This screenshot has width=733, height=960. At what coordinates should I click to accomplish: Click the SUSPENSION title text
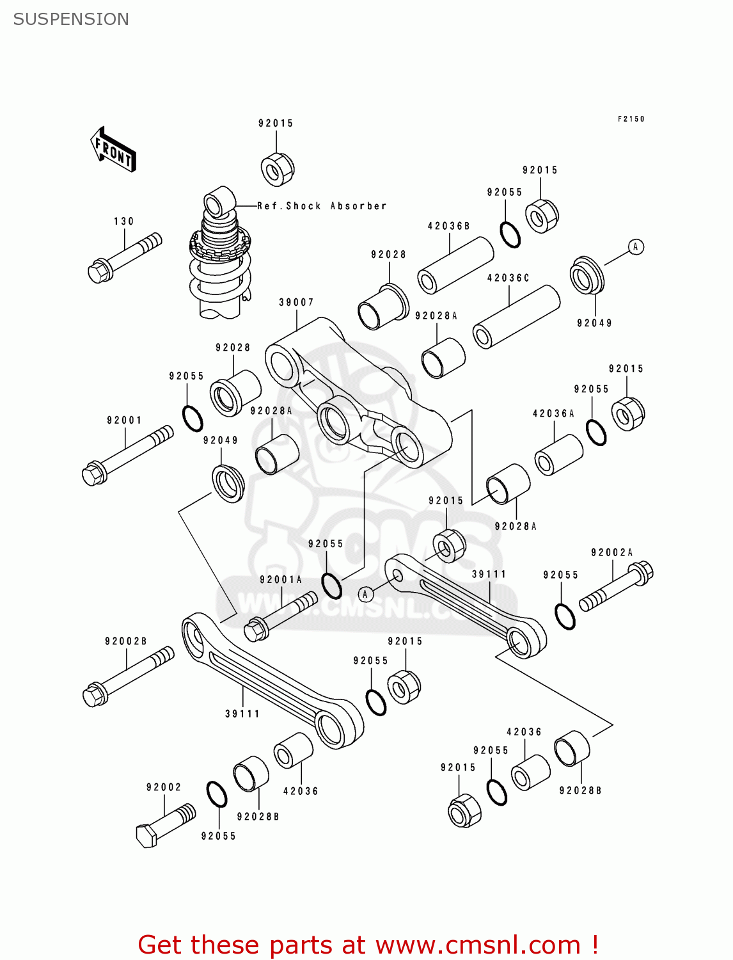click(71, 19)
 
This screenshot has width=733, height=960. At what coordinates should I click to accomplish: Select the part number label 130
click(123, 221)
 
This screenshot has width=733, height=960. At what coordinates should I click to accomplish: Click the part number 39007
click(296, 302)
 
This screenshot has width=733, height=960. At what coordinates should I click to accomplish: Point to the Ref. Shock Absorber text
click(322, 206)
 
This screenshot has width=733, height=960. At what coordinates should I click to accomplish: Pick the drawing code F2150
click(631, 119)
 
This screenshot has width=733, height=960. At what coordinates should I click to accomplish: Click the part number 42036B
click(448, 226)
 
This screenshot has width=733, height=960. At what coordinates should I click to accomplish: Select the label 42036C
click(508, 278)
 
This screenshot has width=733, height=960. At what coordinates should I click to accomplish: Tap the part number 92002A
click(611, 552)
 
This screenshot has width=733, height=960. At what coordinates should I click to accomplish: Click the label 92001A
click(281, 580)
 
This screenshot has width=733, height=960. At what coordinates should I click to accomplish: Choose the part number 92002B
click(126, 641)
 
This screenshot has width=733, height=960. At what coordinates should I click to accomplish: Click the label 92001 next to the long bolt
click(124, 420)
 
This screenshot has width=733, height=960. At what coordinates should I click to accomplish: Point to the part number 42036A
click(553, 413)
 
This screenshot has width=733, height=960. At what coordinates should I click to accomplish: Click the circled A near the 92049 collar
click(635, 247)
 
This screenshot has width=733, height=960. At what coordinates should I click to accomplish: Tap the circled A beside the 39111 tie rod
click(365, 595)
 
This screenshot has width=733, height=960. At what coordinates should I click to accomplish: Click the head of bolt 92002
click(146, 836)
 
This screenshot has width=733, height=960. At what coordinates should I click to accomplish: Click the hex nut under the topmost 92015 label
click(277, 170)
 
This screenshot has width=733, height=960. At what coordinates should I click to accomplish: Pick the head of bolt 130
click(99, 272)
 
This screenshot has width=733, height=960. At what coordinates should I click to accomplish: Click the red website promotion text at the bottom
click(368, 945)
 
